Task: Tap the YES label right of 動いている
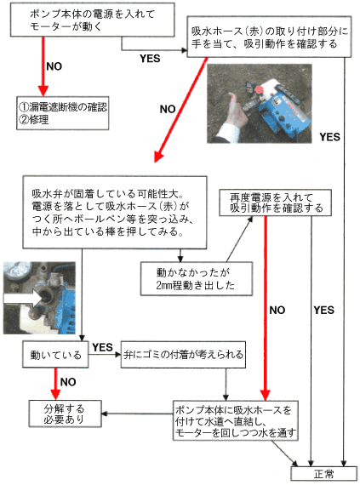[x=102, y=346]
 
